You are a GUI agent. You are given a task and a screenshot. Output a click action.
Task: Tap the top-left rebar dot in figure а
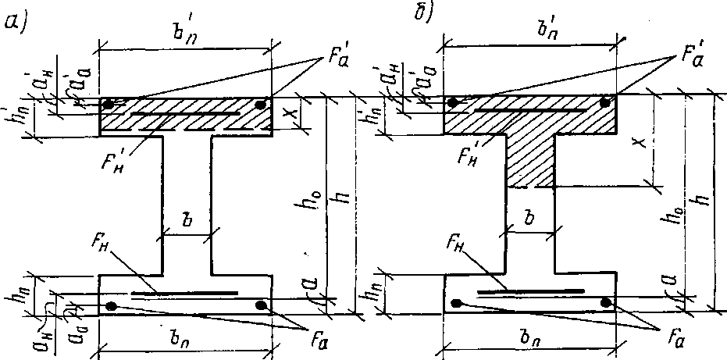[110, 103]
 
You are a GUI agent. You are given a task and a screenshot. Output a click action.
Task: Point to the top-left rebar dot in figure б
[452, 102]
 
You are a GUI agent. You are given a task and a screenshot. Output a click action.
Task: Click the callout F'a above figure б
[687, 54]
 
